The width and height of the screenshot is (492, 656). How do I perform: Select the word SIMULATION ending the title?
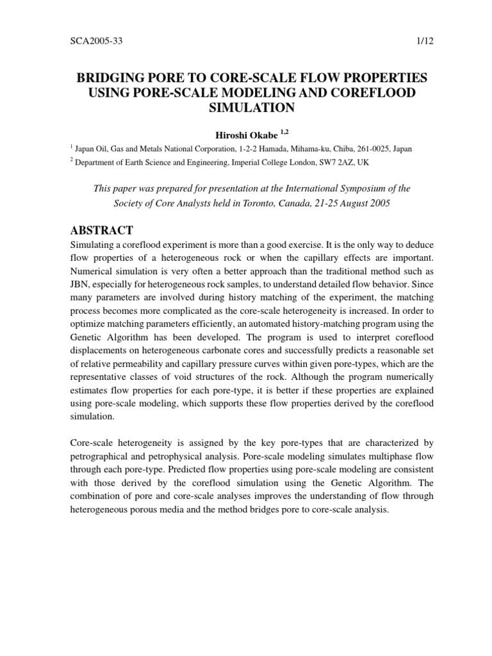(246, 108)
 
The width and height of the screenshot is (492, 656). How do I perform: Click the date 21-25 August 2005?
(345, 204)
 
